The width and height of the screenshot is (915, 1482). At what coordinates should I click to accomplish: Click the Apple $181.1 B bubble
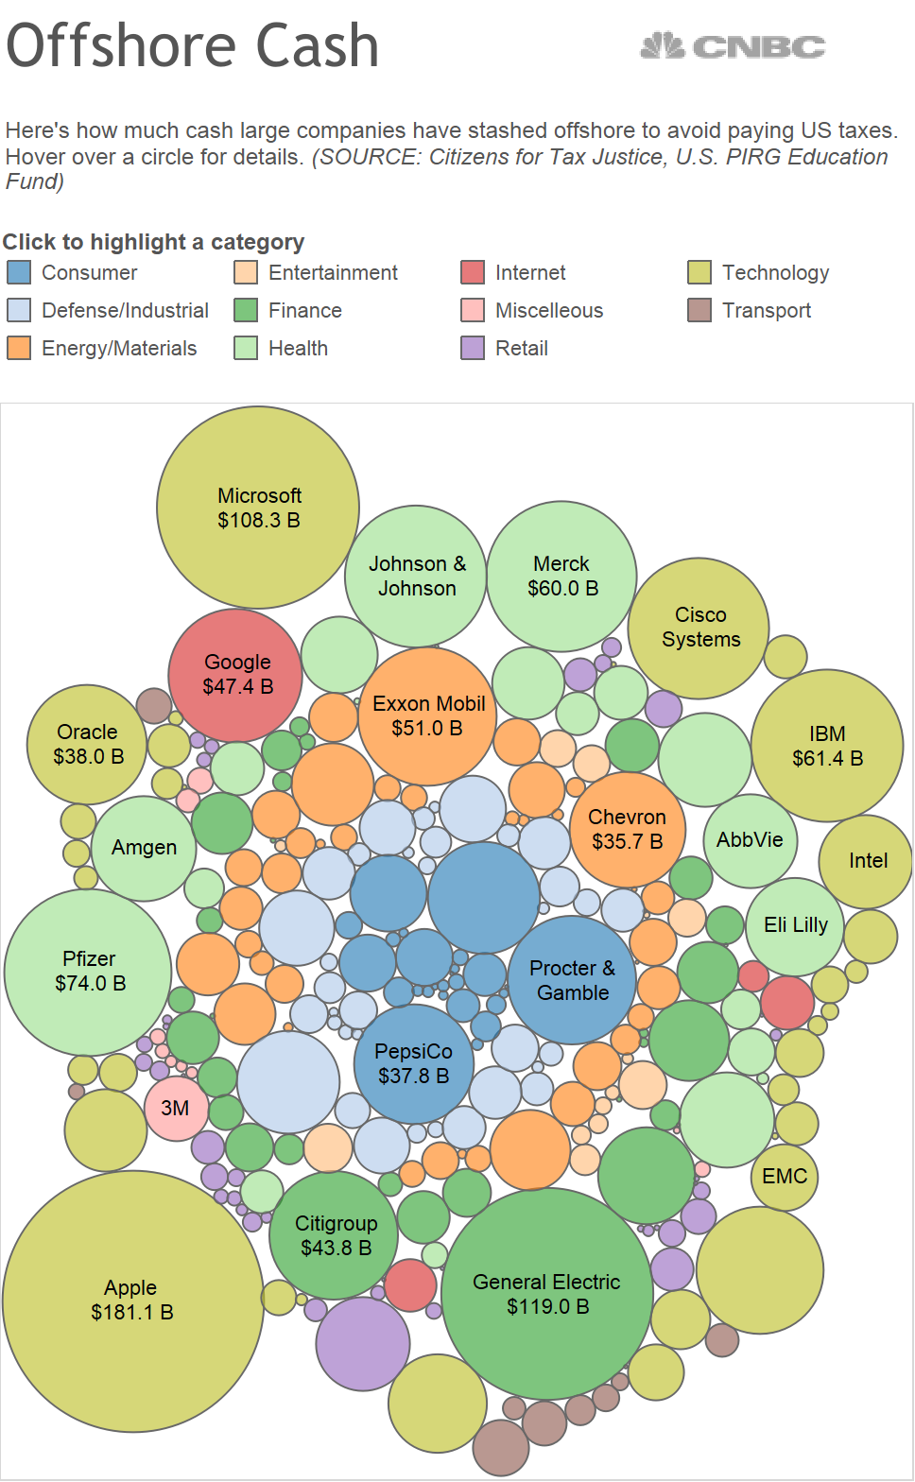tap(132, 1301)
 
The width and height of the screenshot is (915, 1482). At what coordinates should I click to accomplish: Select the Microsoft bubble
tap(258, 508)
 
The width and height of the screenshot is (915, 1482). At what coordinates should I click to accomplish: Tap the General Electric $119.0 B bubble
tap(546, 1293)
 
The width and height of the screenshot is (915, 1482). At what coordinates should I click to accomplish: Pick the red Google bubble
tap(235, 675)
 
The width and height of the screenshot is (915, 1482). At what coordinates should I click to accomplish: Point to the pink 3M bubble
tap(175, 1109)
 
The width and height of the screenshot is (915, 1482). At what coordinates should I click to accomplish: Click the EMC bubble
tap(785, 1177)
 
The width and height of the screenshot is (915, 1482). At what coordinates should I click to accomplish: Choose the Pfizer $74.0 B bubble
tap(89, 972)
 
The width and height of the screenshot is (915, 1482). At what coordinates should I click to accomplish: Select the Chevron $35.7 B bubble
tap(627, 830)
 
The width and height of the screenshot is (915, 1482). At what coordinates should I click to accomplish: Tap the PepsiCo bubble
tap(414, 1063)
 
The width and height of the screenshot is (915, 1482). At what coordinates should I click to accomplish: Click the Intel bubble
tap(867, 861)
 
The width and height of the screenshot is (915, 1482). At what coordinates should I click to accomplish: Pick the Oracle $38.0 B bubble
tap(87, 744)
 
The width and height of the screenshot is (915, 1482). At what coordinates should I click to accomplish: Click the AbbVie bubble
tap(751, 840)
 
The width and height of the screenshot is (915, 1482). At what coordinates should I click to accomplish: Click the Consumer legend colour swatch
tap(19, 273)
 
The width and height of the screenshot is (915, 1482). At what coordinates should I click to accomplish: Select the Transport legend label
tap(766, 311)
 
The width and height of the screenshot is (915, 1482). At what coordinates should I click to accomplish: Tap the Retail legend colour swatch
tap(473, 349)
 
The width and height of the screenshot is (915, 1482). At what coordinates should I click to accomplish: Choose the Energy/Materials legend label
tap(119, 349)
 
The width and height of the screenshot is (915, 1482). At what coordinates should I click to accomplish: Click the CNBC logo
tap(733, 46)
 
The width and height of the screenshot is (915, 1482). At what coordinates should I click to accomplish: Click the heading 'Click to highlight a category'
tap(153, 243)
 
